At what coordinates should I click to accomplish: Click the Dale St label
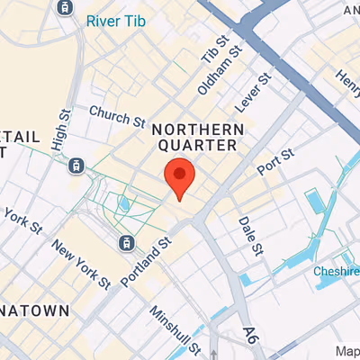click(x=248, y=234)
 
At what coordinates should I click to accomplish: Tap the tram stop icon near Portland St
click(x=127, y=242)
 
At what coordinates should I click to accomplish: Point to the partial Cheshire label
click(x=337, y=271)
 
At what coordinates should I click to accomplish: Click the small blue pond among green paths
click(x=123, y=204)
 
